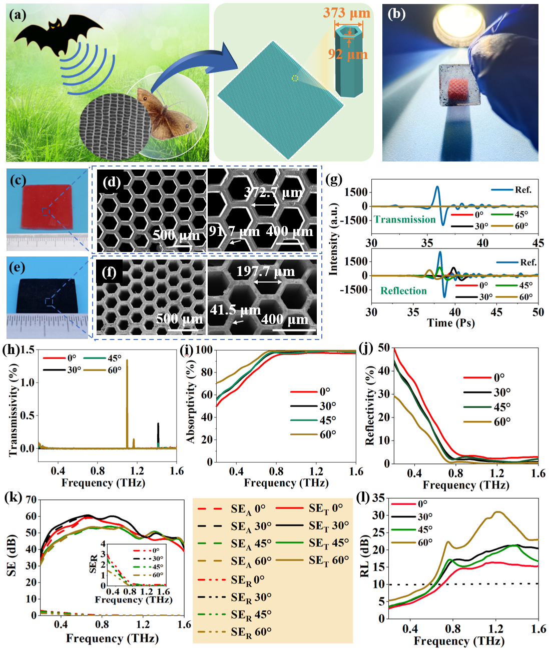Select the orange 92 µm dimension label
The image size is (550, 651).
pyautogui.click(x=347, y=54)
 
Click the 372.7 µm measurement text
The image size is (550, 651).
pyautogui.click(x=273, y=192)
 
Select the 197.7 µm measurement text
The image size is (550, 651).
pyautogui.click(x=265, y=271)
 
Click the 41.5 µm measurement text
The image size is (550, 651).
pyautogui.click(x=235, y=310)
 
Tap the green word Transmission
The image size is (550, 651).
pyautogui.click(x=404, y=219)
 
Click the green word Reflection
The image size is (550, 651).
pyautogui.click(x=403, y=291)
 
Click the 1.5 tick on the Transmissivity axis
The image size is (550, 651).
pyautogui.click(x=28, y=350)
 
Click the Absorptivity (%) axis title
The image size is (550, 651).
pyautogui.click(x=191, y=404)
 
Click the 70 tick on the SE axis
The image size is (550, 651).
pyautogui.click(x=31, y=499)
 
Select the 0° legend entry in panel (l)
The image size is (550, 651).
pyautogui.click(x=422, y=504)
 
